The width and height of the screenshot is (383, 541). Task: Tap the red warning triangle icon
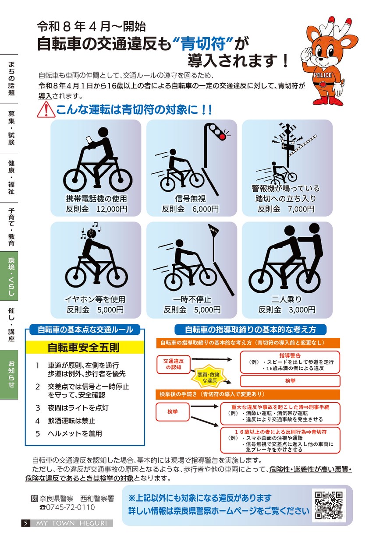tap(46, 110)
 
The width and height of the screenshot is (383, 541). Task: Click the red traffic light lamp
tap(222, 137)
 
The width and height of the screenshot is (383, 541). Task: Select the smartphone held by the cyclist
tap(89, 140)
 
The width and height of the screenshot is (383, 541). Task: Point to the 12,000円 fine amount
tap(112, 209)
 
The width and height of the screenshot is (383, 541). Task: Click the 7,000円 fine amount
tap(301, 209)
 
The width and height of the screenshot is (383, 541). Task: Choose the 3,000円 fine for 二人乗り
tap(302, 309)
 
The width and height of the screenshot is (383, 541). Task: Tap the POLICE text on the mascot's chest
tap(323, 75)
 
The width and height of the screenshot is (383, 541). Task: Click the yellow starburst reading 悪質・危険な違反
tap(209, 377)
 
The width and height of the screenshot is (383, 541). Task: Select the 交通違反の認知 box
tap(174, 364)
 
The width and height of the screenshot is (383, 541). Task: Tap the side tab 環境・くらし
tap(9, 276)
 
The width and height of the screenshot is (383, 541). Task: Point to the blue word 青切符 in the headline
tap(203, 43)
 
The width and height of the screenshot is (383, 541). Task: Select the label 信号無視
tap(190, 199)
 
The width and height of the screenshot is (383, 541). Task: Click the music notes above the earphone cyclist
tap(91, 230)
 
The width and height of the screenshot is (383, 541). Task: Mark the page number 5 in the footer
tap(25, 523)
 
